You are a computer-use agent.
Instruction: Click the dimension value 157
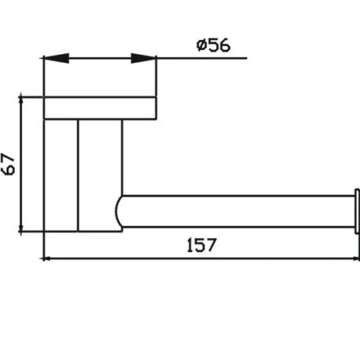tap(202, 243)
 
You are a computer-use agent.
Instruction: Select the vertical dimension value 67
tap(10, 164)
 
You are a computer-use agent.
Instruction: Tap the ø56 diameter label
tap(213, 45)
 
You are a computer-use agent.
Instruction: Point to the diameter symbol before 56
tap(201, 45)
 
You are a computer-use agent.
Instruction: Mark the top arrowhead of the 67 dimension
tap(23, 104)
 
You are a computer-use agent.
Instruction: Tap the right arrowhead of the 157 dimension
tap(353, 257)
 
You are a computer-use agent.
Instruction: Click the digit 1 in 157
tap(189, 243)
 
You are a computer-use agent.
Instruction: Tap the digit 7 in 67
tap(10, 157)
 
